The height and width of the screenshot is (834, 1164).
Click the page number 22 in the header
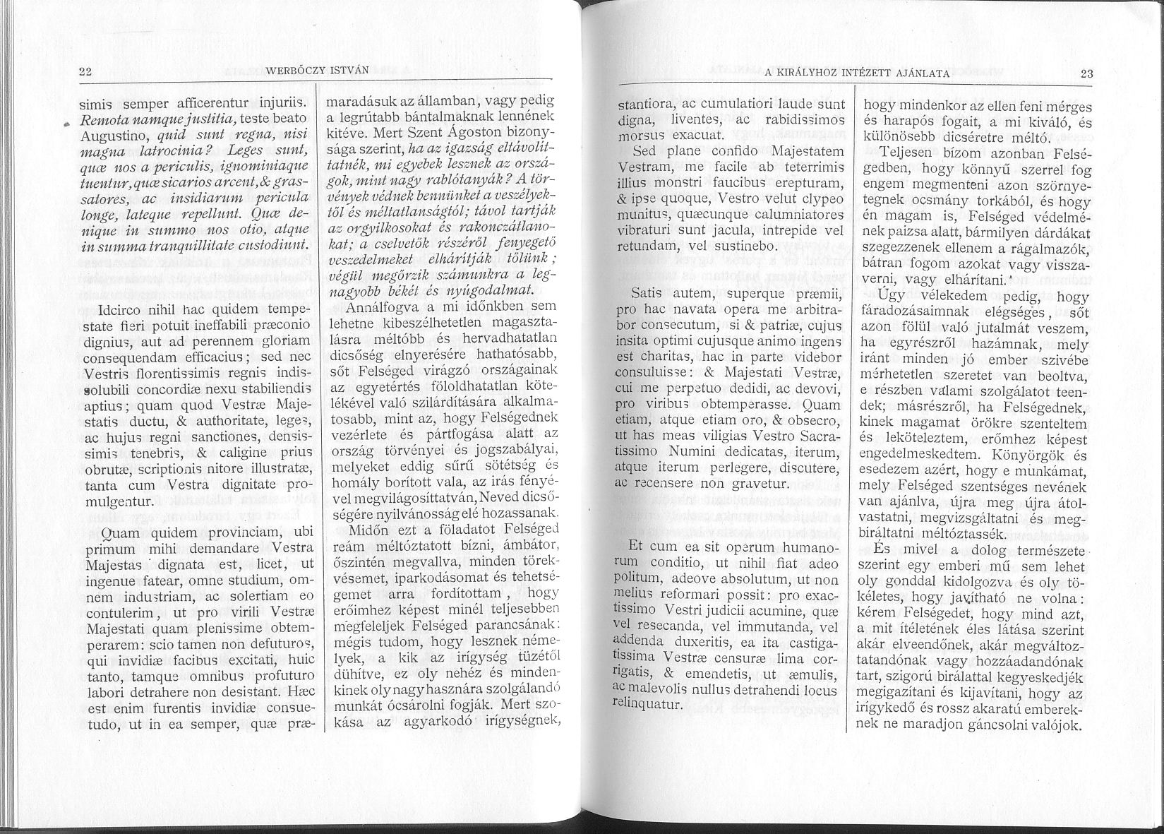coord(87,70)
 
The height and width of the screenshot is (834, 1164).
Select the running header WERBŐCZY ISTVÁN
coord(306,70)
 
